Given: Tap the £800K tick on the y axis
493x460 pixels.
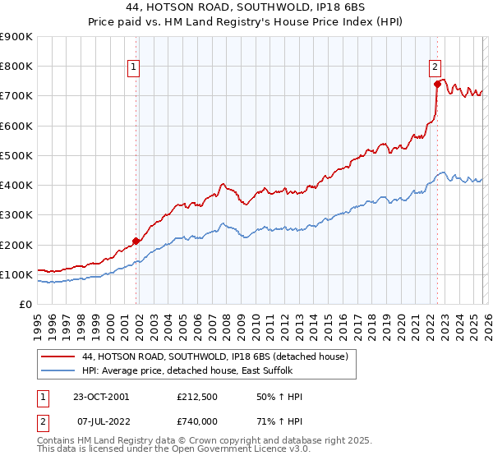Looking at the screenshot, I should click(16, 66).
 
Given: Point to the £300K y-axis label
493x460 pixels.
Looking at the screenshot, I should click(16, 214).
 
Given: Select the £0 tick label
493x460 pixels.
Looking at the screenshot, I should click(25, 304).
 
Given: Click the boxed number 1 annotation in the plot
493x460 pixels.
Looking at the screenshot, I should click(133, 69).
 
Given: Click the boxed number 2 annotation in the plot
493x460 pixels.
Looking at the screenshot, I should click(435, 69).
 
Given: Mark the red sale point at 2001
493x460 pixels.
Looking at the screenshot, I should click(136, 241).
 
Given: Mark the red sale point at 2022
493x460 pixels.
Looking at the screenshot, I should click(437, 84).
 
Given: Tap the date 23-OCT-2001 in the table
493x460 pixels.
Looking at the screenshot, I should click(101, 397).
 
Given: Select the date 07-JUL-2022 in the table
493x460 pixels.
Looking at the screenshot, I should click(100, 421).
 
